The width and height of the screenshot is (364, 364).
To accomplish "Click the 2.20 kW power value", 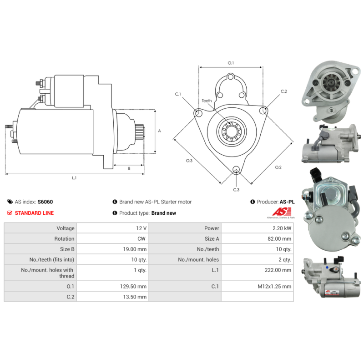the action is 282,228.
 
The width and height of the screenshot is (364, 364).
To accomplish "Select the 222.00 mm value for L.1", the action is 278,270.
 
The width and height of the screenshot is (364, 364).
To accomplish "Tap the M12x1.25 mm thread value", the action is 274,287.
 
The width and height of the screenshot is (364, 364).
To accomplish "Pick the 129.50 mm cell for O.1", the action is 133,287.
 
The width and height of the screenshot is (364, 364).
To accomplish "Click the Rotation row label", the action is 64,238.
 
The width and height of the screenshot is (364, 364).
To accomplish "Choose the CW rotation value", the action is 142,238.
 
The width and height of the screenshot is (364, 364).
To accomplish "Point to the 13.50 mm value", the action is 135,297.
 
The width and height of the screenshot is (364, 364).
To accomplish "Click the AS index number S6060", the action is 45,202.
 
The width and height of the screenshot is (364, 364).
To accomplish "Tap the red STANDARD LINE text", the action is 34,213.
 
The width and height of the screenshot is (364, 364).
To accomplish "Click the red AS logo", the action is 282,212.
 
